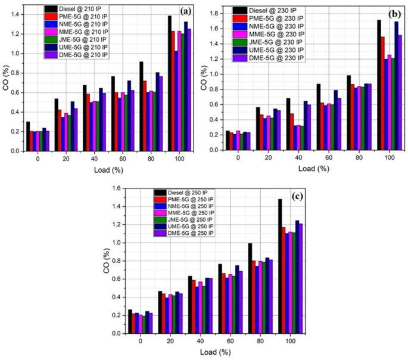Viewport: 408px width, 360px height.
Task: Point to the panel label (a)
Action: click(x=185, y=11)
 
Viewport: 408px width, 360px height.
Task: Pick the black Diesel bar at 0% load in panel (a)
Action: click(x=28, y=136)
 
